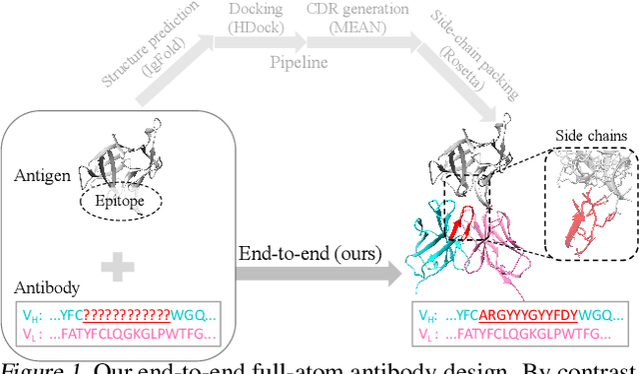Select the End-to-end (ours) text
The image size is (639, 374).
pos(310,254)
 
